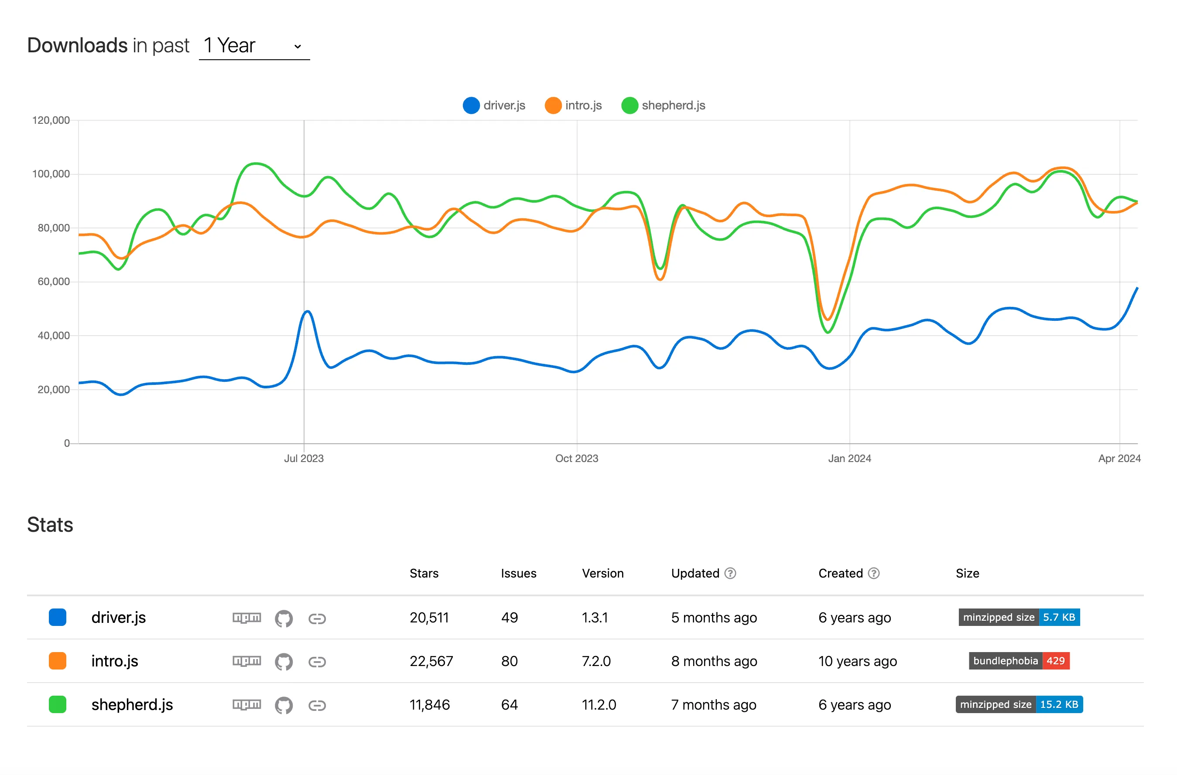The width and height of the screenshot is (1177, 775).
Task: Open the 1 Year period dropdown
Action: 254,46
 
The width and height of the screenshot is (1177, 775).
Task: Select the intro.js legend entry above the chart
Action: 573,105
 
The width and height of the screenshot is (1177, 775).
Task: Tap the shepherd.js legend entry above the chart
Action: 663,105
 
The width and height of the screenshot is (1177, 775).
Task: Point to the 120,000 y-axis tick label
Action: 51,120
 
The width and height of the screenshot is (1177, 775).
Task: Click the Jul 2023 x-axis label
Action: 304,458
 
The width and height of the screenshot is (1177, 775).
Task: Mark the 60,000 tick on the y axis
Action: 53,282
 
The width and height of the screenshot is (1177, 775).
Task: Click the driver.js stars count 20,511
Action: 429,617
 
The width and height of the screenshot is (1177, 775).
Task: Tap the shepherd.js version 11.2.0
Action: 599,704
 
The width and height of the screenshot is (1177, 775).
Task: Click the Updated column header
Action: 695,573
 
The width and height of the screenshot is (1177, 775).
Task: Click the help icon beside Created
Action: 874,573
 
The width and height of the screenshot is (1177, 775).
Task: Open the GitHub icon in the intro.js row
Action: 284,661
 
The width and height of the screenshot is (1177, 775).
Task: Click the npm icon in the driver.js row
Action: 247,618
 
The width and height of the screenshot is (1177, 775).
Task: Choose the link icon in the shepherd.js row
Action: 317,705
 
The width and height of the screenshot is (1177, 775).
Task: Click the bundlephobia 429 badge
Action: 1019,661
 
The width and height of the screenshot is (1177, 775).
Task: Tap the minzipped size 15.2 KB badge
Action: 1019,704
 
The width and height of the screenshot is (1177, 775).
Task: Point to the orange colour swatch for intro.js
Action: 57,661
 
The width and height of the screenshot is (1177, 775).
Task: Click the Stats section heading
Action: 50,524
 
